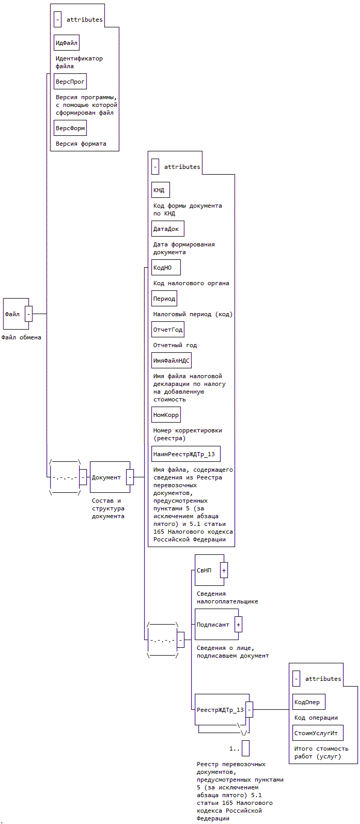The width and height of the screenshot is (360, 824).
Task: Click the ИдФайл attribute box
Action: pyautogui.click(x=67, y=43)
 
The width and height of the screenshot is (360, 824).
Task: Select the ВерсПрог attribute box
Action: pyautogui.click(x=70, y=82)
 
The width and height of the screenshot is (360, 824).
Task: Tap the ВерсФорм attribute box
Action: pyautogui.click(x=70, y=128)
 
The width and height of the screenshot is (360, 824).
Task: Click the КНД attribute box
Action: pyautogui.click(x=161, y=190)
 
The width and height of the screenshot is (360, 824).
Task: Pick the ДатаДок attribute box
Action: pyautogui.click(x=168, y=229)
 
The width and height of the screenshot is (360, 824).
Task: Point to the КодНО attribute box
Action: pyautogui.click(x=166, y=268)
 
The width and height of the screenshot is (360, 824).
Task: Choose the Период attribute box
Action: pyautogui.click(x=164, y=299)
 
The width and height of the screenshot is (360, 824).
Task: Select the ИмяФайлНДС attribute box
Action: pyautogui.click(x=171, y=361)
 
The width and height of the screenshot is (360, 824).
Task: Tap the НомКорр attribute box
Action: pyautogui.click(x=166, y=415)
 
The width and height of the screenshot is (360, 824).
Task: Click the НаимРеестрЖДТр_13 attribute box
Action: pyautogui.click(x=186, y=454)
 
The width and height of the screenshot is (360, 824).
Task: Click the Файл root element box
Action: pyautogui.click(x=14, y=314)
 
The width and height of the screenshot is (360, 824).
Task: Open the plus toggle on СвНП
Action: pyautogui.click(x=224, y=570)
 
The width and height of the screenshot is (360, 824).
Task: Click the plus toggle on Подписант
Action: pyautogui.click(x=238, y=625)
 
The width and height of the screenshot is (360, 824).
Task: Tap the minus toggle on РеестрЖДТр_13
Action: pyautogui.click(x=249, y=710)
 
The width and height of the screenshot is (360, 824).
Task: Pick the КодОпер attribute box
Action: pyautogui.click(x=309, y=702)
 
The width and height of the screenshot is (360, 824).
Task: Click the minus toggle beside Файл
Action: pyautogui.click(x=28, y=314)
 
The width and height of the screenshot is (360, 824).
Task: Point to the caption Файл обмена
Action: pyautogui.click(x=21, y=337)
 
